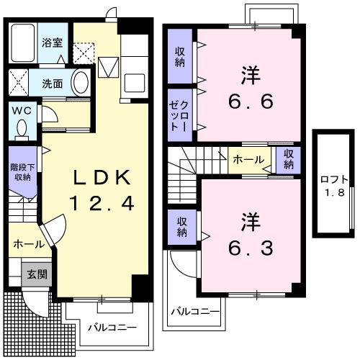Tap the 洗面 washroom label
pyautogui.click(x=52, y=84)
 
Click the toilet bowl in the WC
pyautogui.click(x=22, y=129)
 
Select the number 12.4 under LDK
pyautogui.click(x=101, y=204)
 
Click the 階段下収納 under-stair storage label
pyautogui.click(x=20, y=172)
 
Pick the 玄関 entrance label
pyautogui.click(x=37, y=274)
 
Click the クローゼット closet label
pyautogui.click(x=180, y=114)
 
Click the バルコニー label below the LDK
pyautogui.click(x=108, y=328)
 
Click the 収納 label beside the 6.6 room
pyautogui.click(x=180, y=57)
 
